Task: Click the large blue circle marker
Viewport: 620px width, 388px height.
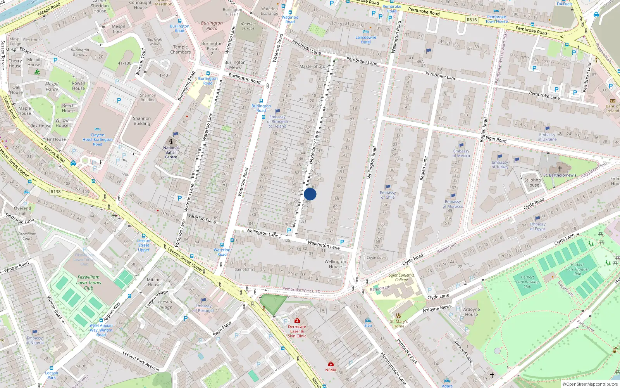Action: pyautogui.click(x=310, y=194)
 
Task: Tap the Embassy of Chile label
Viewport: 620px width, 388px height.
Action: pyautogui.click(x=387, y=195)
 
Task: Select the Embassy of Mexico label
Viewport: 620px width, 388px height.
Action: pyautogui.click(x=461, y=153)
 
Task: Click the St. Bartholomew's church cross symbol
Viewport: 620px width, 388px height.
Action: pyautogui.click(x=560, y=169)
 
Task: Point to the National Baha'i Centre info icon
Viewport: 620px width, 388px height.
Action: pyautogui.click(x=171, y=142)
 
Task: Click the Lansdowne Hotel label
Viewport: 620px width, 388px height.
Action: pyautogui.click(x=366, y=40)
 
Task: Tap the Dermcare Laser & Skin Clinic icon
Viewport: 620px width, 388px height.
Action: pyautogui.click(x=297, y=321)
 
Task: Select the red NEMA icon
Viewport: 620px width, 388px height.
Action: pyautogui.click(x=331, y=364)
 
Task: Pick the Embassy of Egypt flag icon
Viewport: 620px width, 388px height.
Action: pyautogui.click(x=537, y=218)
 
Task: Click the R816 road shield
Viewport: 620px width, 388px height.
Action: pyautogui.click(x=472, y=20)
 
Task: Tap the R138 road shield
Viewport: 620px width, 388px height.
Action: pyautogui.click(x=55, y=192)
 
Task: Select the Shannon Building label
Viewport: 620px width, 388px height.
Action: pyautogui.click(x=142, y=121)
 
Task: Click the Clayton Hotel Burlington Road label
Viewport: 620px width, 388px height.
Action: pyautogui.click(x=98, y=140)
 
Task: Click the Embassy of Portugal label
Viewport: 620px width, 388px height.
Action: pyautogui.click(x=203, y=308)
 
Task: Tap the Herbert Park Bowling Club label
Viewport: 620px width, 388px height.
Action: pyautogui.click(x=527, y=282)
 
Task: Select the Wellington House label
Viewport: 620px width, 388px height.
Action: pyautogui.click(x=336, y=264)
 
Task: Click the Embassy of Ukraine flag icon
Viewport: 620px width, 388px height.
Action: pyautogui.click(x=547, y=129)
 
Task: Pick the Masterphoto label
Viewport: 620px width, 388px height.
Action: pyautogui.click(x=312, y=66)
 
